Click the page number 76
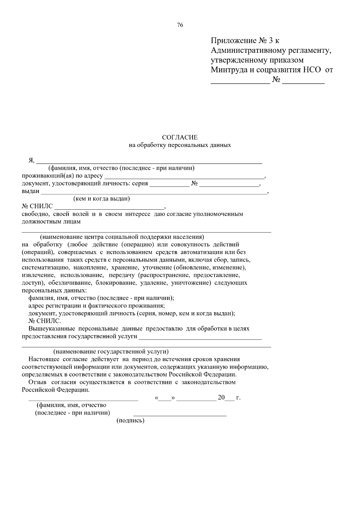180,25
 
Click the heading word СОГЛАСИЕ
180,137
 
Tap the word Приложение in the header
232,40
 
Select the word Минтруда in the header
228,70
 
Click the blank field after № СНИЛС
109,207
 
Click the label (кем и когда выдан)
101,199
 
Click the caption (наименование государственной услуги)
111,351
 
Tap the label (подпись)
130,421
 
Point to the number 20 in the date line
221,398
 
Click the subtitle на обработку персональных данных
180,145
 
